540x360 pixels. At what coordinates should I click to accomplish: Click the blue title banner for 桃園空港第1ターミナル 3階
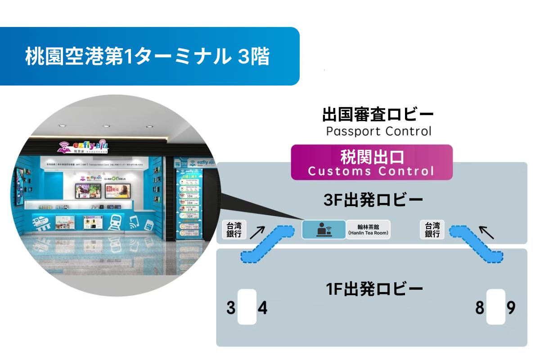pos(148,57)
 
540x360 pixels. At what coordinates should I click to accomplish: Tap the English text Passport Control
pos(378,131)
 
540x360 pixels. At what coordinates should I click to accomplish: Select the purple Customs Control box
pos(371,162)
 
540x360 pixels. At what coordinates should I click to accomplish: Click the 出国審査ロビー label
pos(378,115)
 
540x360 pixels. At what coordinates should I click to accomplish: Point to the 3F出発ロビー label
pos(373,201)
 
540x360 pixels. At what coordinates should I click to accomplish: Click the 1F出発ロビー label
pos(374,288)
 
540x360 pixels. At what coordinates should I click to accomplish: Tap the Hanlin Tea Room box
pos(368,229)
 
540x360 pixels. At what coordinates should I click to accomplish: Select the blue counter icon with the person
pos(323,229)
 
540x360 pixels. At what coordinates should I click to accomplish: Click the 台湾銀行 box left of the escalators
pos(234,229)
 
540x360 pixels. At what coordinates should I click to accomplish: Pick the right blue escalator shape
pos(477,243)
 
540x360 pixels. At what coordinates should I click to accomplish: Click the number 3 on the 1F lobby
pos(231,309)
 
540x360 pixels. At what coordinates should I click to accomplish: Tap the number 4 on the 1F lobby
pos(262,309)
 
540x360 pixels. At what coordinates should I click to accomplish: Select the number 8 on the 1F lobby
pos(480,309)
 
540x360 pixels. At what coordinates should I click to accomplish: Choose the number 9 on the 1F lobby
pos(510,309)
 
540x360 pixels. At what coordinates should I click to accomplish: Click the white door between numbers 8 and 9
pos(495,307)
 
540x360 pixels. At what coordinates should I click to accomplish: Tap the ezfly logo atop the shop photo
pos(85,145)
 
